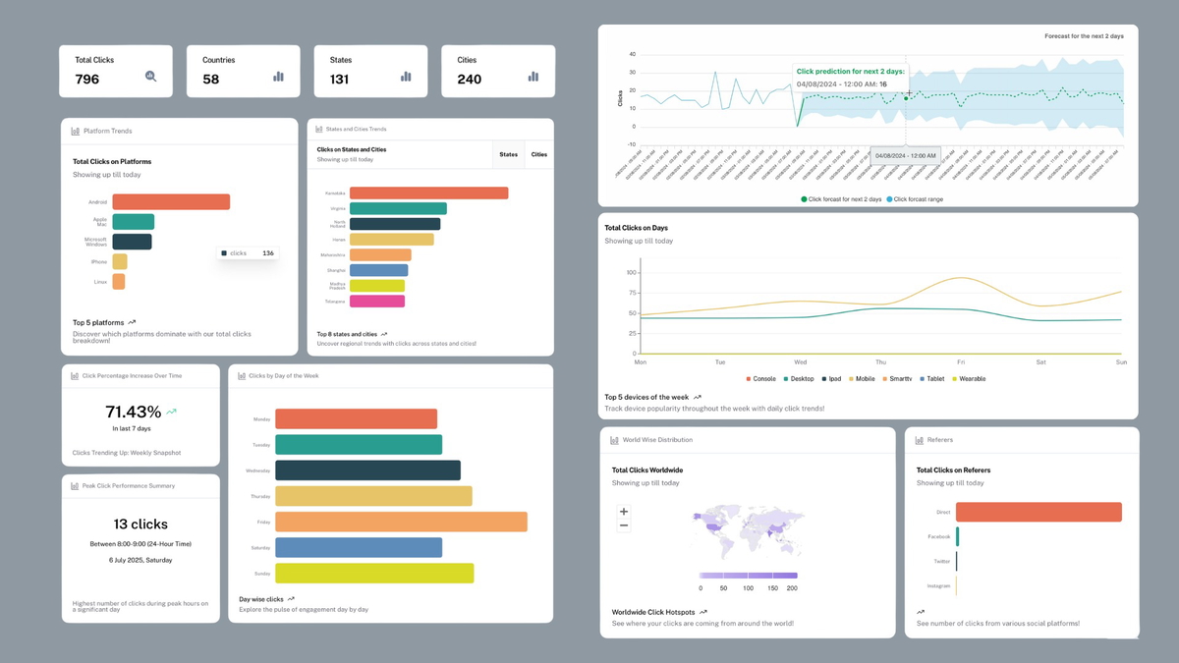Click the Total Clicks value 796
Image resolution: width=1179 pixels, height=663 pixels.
[x=87, y=79]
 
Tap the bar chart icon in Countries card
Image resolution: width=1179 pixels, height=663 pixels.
[x=278, y=76]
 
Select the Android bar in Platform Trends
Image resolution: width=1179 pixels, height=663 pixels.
[x=171, y=201]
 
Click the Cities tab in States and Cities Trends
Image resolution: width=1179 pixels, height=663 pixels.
[x=538, y=154]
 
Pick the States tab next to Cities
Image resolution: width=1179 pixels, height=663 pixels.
[x=508, y=154]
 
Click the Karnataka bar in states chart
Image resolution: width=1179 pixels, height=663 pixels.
[x=428, y=193]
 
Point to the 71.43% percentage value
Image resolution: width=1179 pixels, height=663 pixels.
[x=133, y=412]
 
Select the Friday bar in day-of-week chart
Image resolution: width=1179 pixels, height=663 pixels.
[x=401, y=522]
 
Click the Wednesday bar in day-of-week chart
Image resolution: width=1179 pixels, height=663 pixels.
[x=367, y=470]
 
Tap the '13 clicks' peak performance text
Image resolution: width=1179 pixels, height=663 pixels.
[x=140, y=524]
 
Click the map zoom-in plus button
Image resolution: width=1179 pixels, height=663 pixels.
[x=624, y=512]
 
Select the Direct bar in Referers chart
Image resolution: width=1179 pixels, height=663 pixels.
[x=1039, y=512]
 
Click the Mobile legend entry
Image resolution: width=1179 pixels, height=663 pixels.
[x=861, y=378]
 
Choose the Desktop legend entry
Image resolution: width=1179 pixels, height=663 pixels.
[x=799, y=378]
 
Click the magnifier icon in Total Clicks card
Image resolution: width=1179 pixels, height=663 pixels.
[x=150, y=76]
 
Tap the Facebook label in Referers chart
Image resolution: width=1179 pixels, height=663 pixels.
[x=938, y=536]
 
